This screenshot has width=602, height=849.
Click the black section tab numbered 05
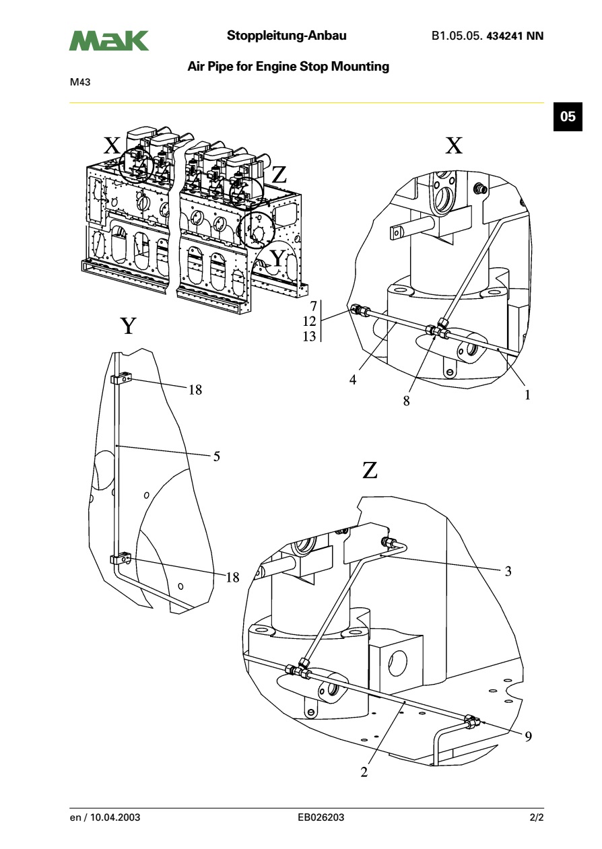(568, 116)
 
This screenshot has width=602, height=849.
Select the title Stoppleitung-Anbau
(287, 36)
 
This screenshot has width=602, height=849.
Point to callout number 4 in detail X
(352, 379)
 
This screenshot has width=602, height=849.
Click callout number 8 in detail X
(406, 400)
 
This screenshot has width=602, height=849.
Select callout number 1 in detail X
(527, 395)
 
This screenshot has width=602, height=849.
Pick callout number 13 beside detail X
(309, 337)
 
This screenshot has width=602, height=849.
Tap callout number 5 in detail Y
(216, 456)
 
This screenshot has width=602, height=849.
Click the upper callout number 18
(195, 389)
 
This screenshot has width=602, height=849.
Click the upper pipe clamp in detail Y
(121, 380)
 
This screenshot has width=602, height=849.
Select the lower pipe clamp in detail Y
(121, 559)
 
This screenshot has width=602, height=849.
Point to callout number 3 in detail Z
(508, 572)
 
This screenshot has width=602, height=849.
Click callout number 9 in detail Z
(528, 737)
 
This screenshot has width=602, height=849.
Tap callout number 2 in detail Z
(364, 772)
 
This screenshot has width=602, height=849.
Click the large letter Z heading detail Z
(370, 470)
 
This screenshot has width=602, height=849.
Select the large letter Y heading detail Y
(128, 327)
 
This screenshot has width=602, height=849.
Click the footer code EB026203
(321, 818)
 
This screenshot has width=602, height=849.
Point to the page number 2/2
(536, 818)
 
